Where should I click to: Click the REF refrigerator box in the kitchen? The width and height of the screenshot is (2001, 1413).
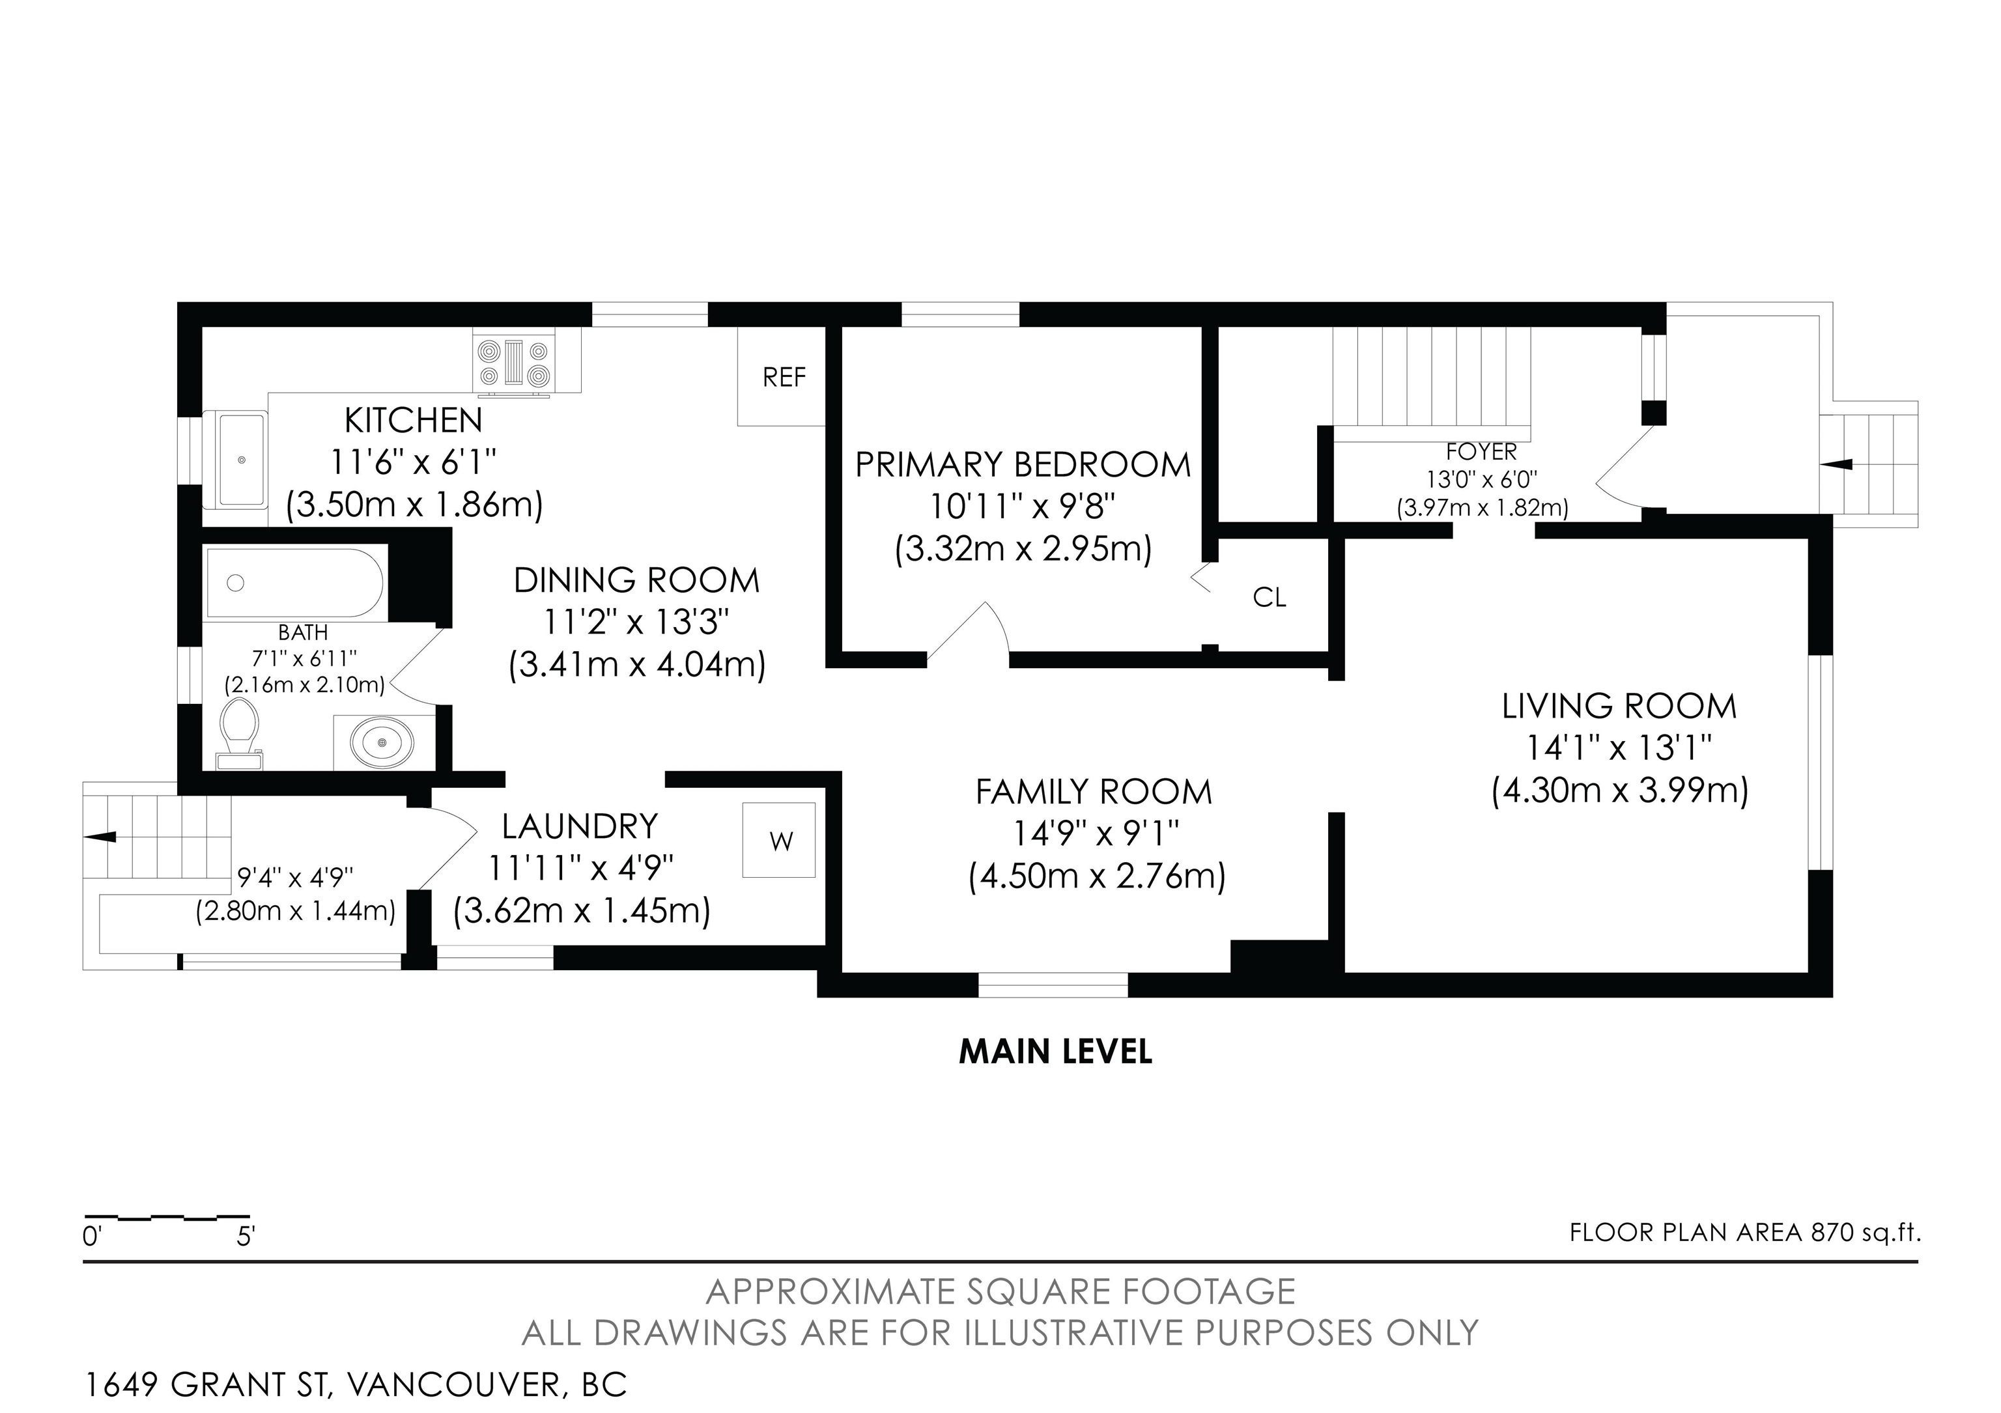point(781,376)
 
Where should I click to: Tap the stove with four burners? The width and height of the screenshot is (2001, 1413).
point(514,363)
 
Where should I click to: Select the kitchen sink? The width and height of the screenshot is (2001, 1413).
point(242,460)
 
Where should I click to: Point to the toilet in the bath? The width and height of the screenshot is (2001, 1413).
point(240,735)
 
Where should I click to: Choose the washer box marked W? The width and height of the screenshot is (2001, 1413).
point(779,840)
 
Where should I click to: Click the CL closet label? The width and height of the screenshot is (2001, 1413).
point(1269,598)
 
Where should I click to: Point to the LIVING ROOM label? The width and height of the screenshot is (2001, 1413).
point(1619,706)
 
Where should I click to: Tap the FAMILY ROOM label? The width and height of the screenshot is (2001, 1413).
point(1094,792)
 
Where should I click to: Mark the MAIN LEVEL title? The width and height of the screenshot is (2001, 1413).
point(1055,1052)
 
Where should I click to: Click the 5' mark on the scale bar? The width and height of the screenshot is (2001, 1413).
point(245,1236)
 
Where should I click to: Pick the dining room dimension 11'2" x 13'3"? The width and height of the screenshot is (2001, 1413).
point(636,622)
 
